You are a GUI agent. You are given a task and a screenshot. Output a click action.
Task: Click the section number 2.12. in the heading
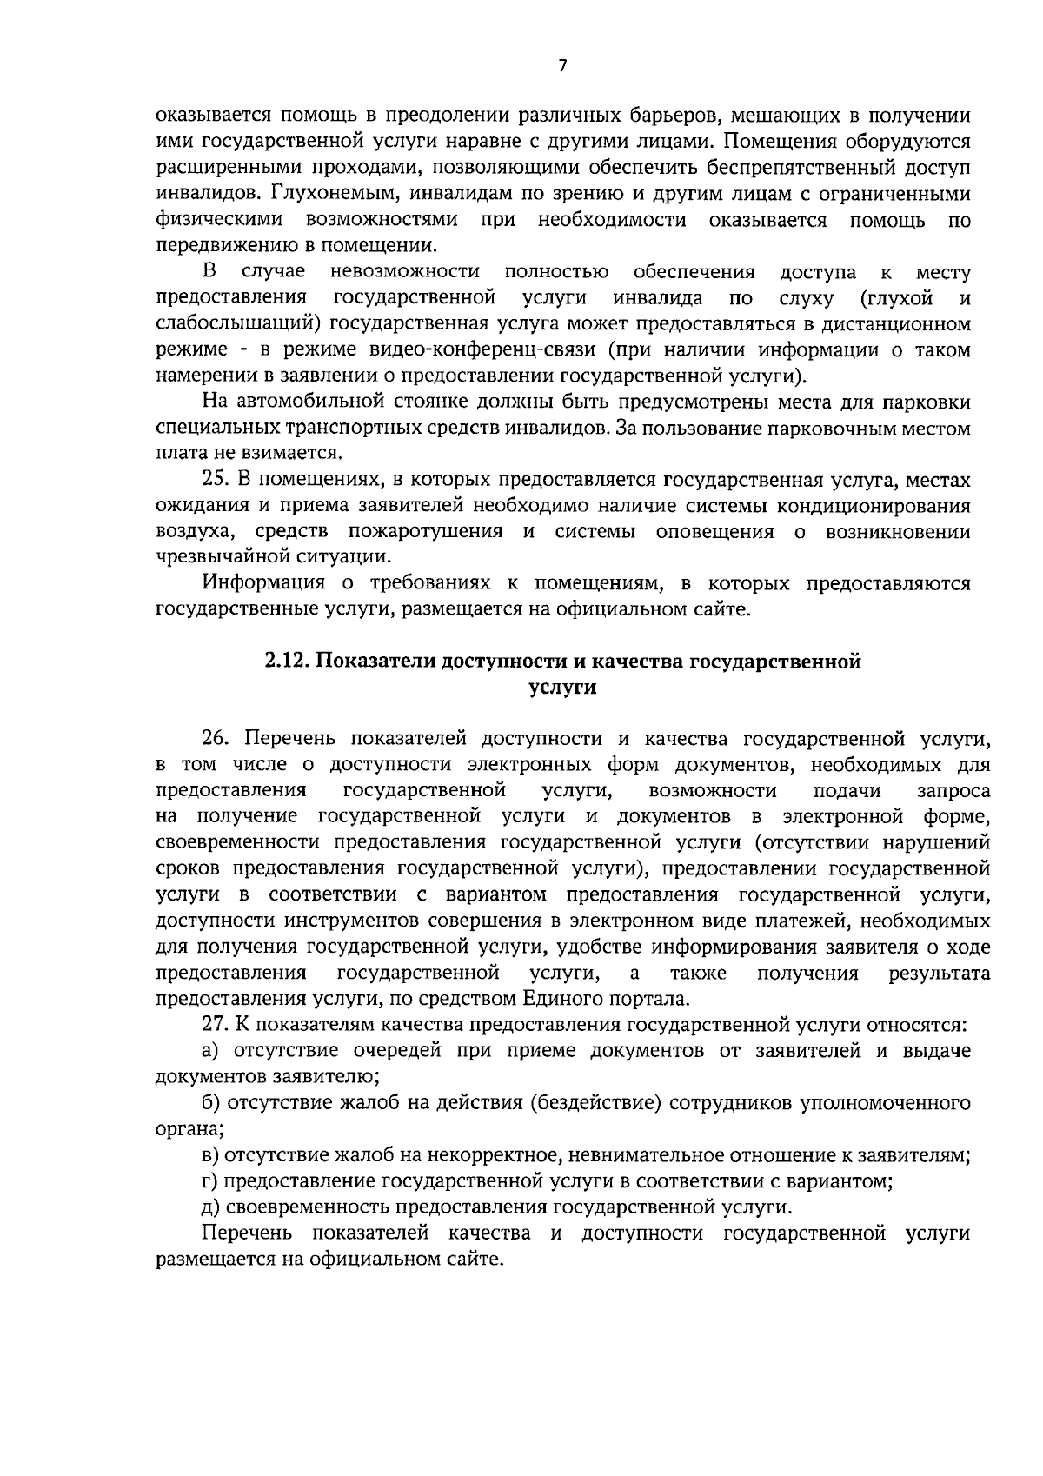286,662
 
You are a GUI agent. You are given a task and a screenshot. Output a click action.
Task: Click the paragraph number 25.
214,481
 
